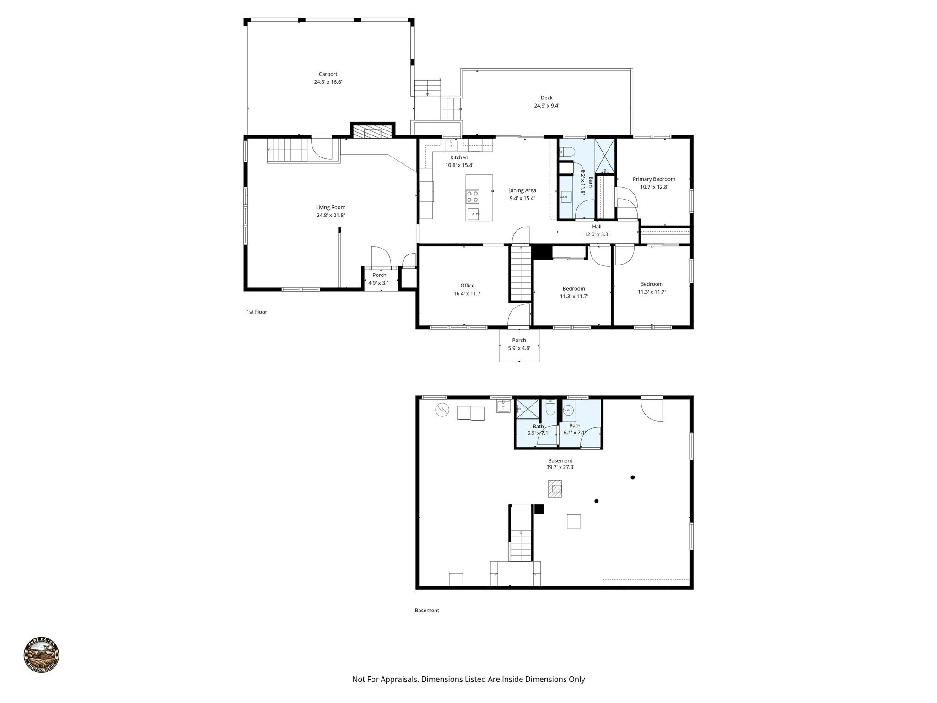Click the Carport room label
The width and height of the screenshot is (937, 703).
[328, 74]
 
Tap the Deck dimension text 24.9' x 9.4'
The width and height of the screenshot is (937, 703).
[546, 106]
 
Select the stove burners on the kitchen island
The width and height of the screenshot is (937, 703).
[473, 196]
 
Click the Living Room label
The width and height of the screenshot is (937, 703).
[330, 207]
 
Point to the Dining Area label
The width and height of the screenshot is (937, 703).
[522, 190]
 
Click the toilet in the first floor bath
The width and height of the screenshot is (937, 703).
[567, 151]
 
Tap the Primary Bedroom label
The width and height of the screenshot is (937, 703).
[654, 179]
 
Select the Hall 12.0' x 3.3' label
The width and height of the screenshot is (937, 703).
[597, 230]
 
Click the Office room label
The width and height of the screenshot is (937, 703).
[467, 286]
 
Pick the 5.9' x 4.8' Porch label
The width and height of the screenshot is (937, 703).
[519, 344]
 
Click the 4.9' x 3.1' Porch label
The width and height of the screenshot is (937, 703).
[379, 279]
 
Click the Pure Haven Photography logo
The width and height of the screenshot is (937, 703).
[41, 655]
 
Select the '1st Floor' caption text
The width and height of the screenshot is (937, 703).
[257, 312]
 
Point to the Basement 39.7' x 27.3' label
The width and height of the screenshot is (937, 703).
[560, 464]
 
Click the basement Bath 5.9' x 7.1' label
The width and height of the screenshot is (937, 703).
[538, 430]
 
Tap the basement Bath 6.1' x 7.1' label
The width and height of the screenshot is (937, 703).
[575, 429]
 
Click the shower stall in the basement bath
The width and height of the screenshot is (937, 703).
[528, 409]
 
